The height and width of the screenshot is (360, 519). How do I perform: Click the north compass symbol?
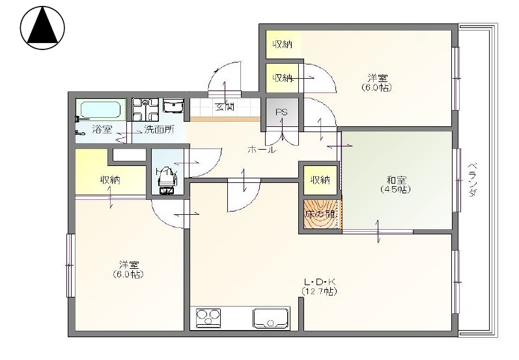pyautogui.click(x=43, y=27)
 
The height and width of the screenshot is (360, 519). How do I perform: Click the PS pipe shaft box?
pyautogui.click(x=281, y=113)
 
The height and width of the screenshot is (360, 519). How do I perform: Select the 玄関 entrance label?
pyautogui.click(x=225, y=107)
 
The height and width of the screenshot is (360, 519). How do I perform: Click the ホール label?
pyautogui.click(x=261, y=150)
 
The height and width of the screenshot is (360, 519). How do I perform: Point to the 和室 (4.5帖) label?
pyautogui.click(x=396, y=184)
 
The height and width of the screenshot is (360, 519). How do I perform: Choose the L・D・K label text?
pyautogui.click(x=319, y=282)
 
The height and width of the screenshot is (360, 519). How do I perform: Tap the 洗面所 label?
pyautogui.click(x=159, y=129)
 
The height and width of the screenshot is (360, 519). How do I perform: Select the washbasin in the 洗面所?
pyautogui.click(x=174, y=107)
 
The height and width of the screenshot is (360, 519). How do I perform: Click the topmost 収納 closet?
pyautogui.click(x=282, y=44)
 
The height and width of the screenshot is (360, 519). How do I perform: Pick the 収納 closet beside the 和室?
pyautogui.click(x=320, y=180)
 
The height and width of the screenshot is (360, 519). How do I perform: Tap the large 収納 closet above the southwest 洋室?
pyautogui.click(x=109, y=180)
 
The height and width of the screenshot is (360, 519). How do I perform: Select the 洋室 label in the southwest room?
pyautogui.click(x=128, y=269)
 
